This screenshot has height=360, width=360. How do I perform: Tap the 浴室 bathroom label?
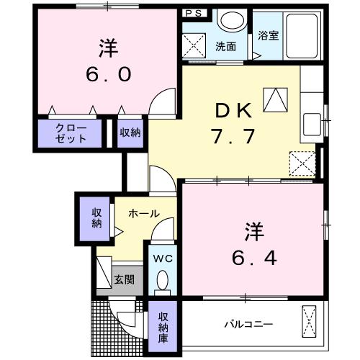tap(269, 35)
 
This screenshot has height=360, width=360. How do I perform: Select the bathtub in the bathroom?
tap(302, 36)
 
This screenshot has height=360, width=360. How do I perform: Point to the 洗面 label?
tap(225, 47)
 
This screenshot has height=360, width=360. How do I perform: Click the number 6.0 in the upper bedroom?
tap(109, 74)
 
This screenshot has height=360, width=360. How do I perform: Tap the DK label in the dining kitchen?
tap(233, 110)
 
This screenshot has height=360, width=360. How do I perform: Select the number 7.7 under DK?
tap(233, 136)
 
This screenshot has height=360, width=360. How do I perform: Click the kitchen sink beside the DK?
tap(312, 125)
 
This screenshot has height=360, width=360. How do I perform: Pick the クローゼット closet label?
tap(71, 133)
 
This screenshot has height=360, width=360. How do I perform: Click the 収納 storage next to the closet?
tap(130, 132)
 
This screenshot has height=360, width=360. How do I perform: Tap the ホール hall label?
tap(144, 213)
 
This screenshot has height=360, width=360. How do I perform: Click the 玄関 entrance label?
tap(124, 279)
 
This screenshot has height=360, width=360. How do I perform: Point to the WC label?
tap(163, 258)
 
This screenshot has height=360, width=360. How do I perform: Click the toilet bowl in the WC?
tap(163, 279)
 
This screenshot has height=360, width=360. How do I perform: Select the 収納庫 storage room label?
tap(163, 328)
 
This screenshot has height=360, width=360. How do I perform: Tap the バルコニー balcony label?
tap(248, 325)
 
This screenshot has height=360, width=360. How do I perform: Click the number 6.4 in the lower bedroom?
tap(254, 258)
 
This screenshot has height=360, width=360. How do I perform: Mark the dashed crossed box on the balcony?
tap(309, 322)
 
